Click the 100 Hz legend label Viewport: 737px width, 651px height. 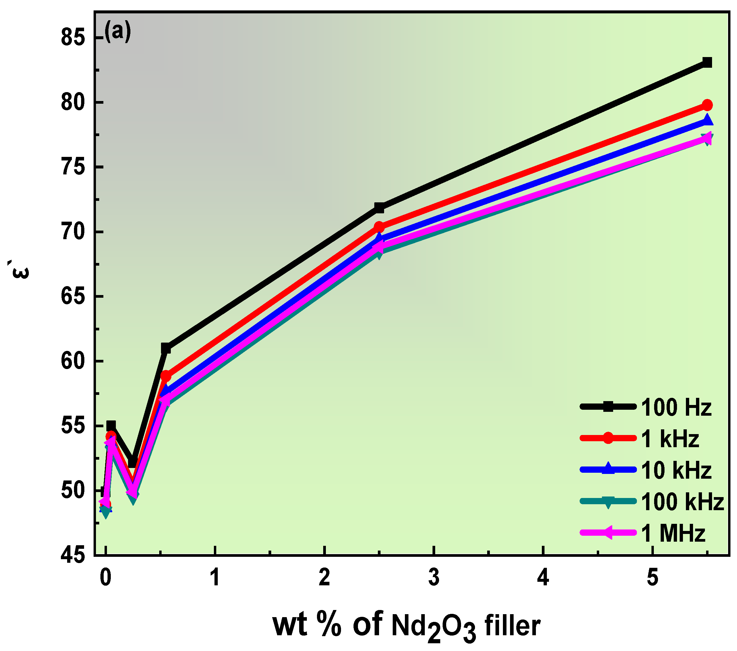[x=676, y=408]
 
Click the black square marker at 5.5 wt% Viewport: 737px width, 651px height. [x=707, y=62]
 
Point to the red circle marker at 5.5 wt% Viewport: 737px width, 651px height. [x=707, y=105]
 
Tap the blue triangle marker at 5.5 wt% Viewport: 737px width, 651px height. [x=707, y=120]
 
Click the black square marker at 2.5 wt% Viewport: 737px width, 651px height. [x=379, y=208]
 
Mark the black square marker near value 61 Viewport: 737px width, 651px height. [x=166, y=349]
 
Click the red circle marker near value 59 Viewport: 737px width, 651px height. [x=166, y=376]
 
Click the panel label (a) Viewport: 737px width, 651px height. [x=118, y=32]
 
